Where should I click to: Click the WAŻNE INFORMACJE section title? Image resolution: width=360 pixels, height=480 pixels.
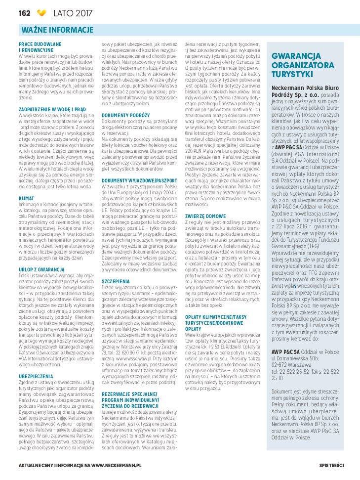58,30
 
